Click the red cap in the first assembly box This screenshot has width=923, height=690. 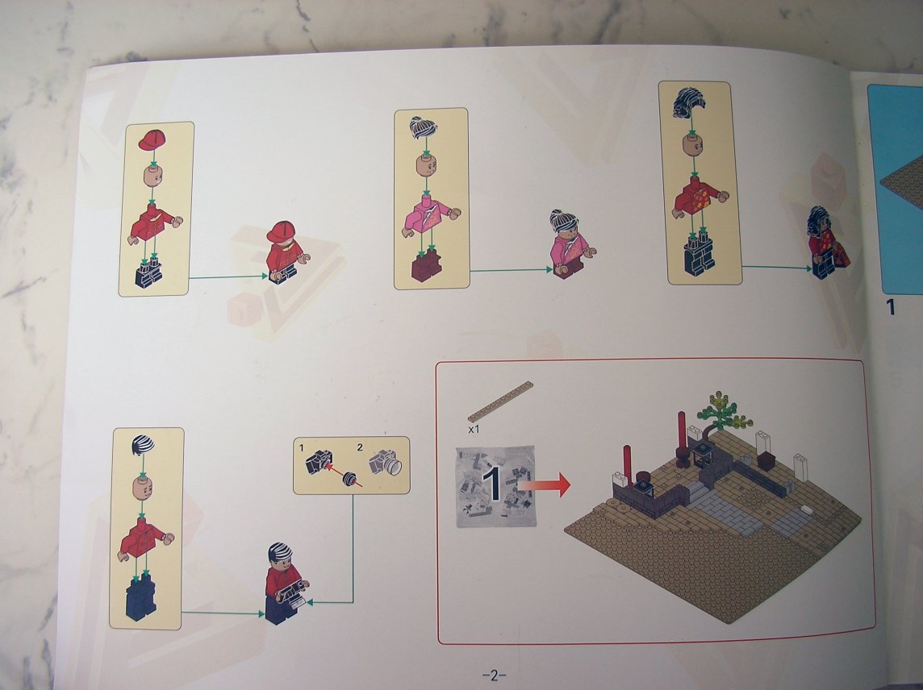click(152, 140)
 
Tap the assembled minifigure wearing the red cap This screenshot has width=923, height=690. click(286, 252)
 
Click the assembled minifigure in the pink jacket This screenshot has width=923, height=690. click(570, 244)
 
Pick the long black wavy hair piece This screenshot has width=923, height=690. click(689, 102)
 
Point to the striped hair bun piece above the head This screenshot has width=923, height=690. click(424, 127)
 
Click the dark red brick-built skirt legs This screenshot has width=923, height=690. click(426, 265)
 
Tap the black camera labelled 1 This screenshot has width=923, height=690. click(319, 462)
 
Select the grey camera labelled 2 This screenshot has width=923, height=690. click(386, 462)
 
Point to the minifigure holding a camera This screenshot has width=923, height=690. click(286, 583)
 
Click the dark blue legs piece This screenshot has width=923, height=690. click(141, 596)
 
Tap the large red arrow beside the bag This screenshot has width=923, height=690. click(545, 485)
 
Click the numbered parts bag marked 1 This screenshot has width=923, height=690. click(495, 487)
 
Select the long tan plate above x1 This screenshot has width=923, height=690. click(500, 401)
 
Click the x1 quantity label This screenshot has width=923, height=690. click(474, 430)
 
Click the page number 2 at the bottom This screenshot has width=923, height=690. click(494, 675)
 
